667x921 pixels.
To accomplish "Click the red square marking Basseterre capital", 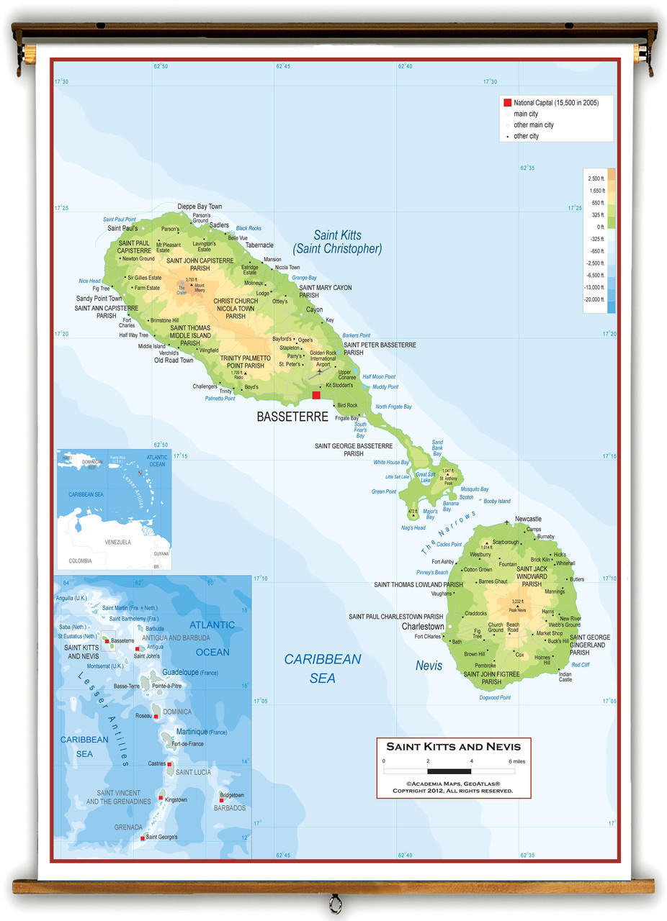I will (x=316, y=395).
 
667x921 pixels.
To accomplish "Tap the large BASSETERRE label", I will (x=292, y=417).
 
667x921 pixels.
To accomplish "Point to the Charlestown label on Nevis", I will (x=423, y=627).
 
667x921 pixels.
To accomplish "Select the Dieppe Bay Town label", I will (x=200, y=207).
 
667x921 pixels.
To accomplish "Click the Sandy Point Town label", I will (x=99, y=299).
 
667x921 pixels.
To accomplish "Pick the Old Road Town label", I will (x=174, y=360).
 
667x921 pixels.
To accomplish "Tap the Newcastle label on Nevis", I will (x=528, y=519).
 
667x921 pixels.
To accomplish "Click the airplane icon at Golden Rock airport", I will (x=321, y=371).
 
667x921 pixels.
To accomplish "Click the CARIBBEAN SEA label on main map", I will (x=322, y=668).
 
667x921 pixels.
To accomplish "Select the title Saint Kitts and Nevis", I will (x=453, y=746).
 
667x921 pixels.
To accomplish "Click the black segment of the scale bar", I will (x=449, y=771).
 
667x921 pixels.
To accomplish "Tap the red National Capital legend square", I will (x=507, y=103).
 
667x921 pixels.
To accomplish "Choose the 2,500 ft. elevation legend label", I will (x=596, y=178).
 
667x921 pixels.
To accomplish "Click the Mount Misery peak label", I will (x=200, y=288).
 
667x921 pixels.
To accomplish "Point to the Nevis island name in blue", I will (x=429, y=666).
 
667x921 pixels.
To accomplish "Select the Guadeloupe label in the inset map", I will (x=180, y=671).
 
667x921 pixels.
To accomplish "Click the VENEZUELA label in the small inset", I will (x=117, y=542).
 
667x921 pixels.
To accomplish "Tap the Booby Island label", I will (x=496, y=501).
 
